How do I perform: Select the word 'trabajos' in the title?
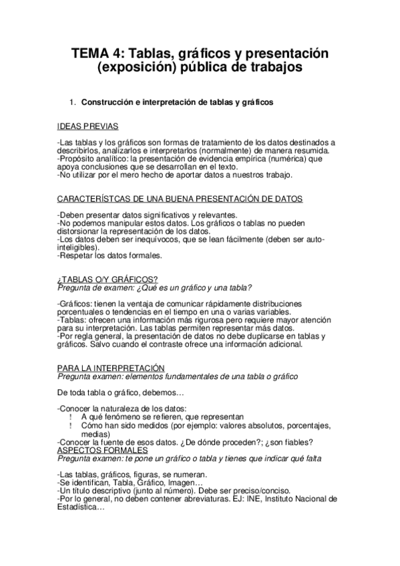pyautogui.click(x=275, y=67)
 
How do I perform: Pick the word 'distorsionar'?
pyautogui.click(x=83, y=232)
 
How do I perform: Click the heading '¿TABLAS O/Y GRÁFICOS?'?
pyautogui.click(x=108, y=280)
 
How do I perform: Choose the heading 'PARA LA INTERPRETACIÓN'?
pyautogui.click(x=111, y=368)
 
